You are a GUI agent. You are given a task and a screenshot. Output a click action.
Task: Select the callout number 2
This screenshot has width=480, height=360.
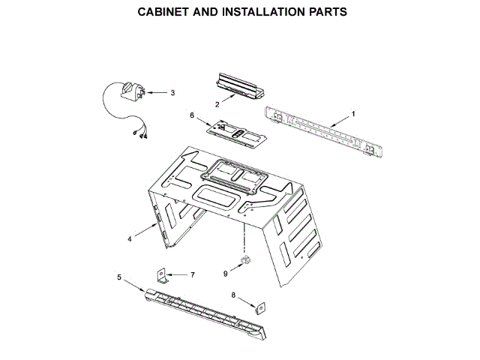pos(217,104)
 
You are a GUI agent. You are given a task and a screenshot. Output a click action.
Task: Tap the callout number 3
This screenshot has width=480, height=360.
pos(172,93)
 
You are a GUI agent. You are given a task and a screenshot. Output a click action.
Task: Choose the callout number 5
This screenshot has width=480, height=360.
pos(119,277)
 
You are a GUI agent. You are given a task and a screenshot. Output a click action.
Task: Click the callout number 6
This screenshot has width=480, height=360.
pos(191,115)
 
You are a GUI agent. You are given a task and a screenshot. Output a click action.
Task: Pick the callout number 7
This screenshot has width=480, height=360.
pos(192,275)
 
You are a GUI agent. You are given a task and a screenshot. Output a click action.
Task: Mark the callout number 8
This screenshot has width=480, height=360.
pos(233,295)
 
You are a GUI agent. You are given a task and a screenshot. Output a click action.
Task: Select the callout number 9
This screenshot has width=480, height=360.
pos(225,274)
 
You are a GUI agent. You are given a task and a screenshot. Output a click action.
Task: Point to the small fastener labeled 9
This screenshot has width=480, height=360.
pos(244,260)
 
